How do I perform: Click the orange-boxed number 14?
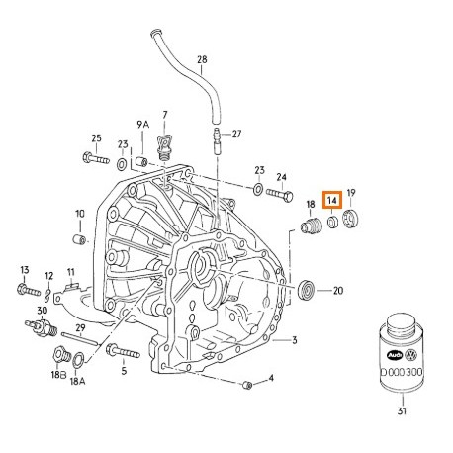click(332, 199)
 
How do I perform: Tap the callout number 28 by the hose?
click(202, 60)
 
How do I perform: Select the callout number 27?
click(236, 134)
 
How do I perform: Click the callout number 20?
click(337, 291)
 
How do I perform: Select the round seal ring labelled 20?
click(309, 291)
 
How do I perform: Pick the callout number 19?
click(351, 195)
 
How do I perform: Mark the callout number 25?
click(97, 137)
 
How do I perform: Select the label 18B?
click(57, 377)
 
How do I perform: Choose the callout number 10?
click(80, 214)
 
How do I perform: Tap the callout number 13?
click(24, 269)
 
